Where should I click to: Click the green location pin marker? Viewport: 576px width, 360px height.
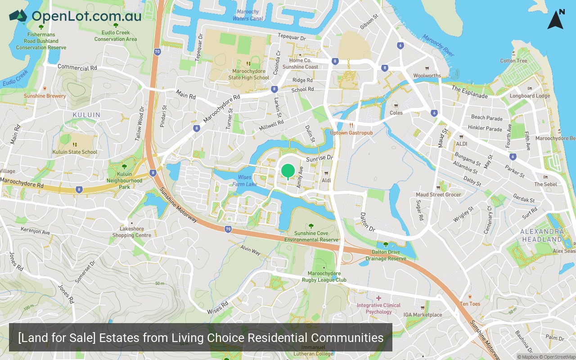tap(288, 171)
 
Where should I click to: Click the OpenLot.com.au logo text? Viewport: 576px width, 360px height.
tap(86, 16)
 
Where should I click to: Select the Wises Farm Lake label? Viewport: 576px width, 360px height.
tap(245, 180)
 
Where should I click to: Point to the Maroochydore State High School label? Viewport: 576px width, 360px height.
tap(248, 74)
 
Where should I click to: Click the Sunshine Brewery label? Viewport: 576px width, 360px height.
tap(45, 96)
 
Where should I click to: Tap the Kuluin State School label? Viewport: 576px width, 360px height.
tap(75, 152)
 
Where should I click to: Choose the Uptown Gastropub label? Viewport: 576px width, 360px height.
tap(351, 133)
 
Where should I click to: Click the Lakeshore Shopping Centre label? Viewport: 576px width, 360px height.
tap(131, 232)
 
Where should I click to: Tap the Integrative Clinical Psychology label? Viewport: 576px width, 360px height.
tap(378, 308)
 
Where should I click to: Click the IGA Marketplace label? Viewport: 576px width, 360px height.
tap(423, 315)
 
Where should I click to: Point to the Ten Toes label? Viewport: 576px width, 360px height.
tap(470, 304)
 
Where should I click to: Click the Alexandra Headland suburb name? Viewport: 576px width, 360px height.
tap(542, 235)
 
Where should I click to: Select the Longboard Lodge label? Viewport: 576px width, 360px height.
tap(530, 95)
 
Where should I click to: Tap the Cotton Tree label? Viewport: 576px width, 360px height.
tap(513, 61)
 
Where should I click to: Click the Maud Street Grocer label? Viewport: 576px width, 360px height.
tap(438, 194)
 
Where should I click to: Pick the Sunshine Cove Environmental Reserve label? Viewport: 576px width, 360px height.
tap(311, 236)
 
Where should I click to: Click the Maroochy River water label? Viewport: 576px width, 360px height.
tap(438, 45)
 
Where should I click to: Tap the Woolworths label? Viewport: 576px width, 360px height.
tap(427, 76)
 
